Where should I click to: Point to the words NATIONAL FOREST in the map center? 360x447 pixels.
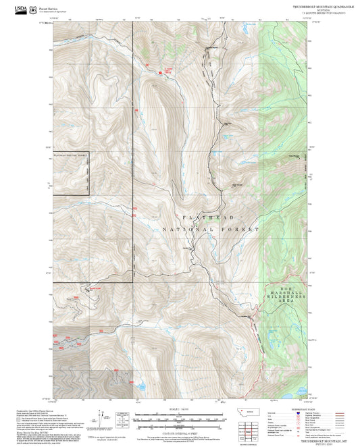pos(211,230)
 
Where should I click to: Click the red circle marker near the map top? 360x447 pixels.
pos(160,73)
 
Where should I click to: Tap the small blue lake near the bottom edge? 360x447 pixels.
pos(143,387)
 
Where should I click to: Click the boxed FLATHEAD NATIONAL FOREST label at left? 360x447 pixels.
pos(71,156)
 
